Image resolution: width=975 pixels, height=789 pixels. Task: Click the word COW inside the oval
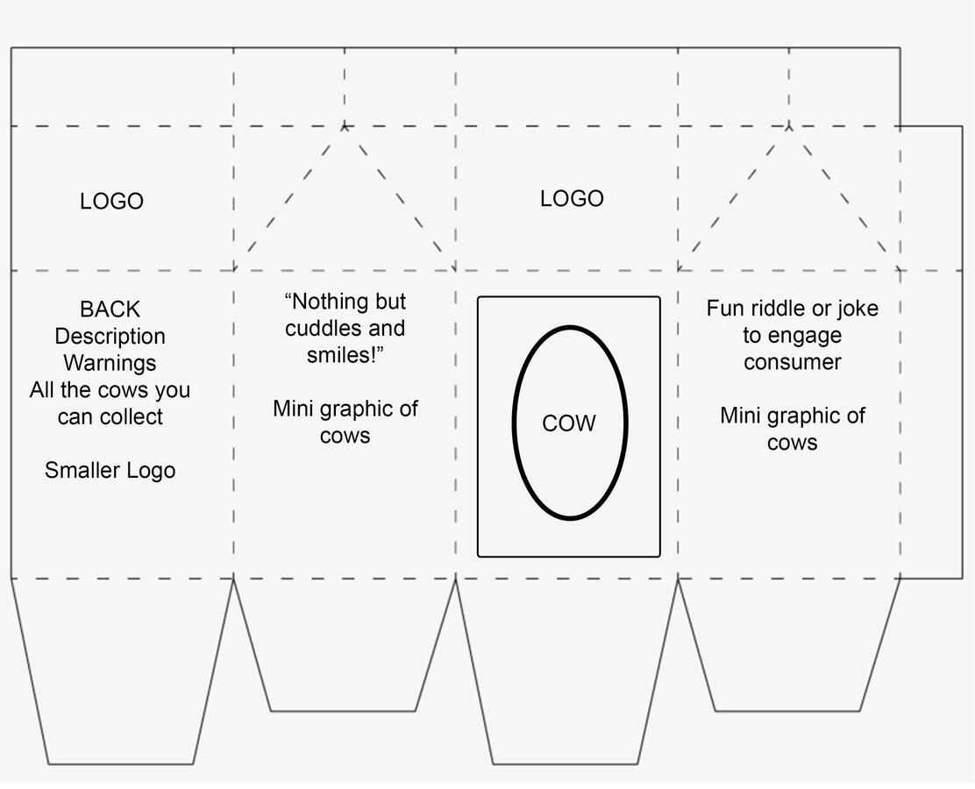coord(569,423)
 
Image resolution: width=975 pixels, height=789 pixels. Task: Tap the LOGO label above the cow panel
coord(572,199)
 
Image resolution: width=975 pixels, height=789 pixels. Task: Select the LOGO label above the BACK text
coord(111,202)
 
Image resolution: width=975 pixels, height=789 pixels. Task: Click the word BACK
coord(110,309)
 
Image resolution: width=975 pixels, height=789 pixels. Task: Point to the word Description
coord(110,337)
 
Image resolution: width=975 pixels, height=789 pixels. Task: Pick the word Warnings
coord(110,363)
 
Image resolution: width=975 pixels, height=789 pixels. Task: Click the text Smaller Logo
coord(110,471)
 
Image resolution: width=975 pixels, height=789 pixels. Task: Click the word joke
coord(857,309)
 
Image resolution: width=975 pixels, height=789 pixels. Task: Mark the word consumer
coord(792,362)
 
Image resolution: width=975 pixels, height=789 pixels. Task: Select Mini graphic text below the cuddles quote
coord(345,409)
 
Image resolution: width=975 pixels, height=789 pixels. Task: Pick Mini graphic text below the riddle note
coord(792,416)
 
